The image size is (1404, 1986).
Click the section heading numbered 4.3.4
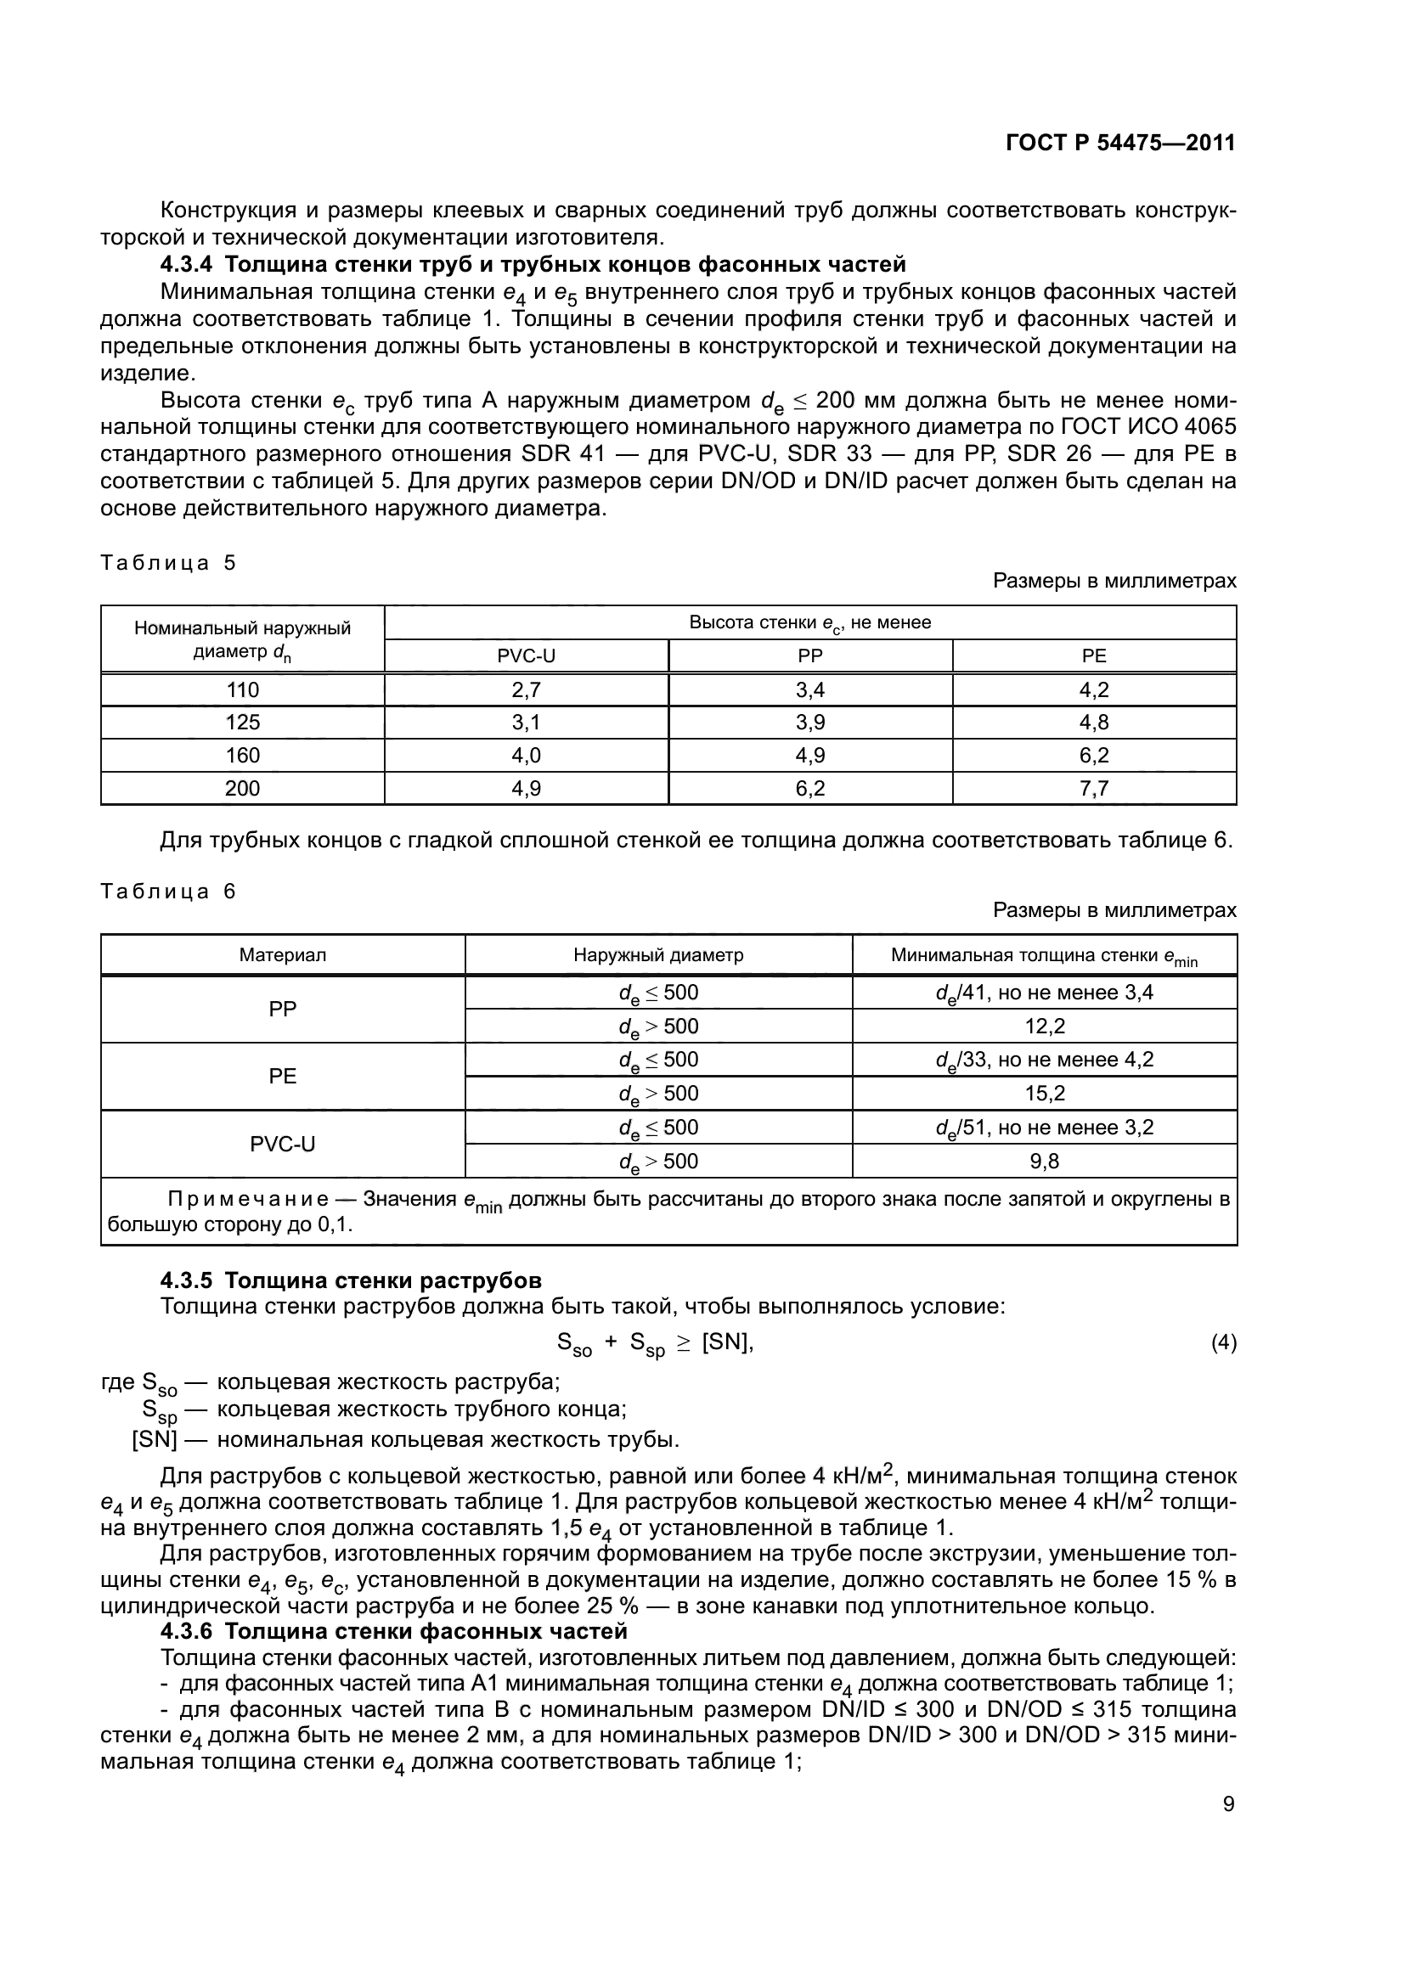pyautogui.click(x=533, y=264)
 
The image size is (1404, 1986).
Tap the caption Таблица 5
pyautogui.click(x=168, y=563)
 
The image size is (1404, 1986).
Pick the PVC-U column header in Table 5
pyautogui.click(x=526, y=655)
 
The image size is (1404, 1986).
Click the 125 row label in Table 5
pyautogui.click(x=242, y=723)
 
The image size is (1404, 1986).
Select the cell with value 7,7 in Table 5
pyautogui.click(x=1093, y=788)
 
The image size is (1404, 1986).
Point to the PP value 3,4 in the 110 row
pyautogui.click(x=809, y=689)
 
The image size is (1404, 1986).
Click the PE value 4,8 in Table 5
pyautogui.click(x=1093, y=723)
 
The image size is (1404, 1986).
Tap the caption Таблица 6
pyautogui.click(x=168, y=892)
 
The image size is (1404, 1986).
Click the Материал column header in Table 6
pyautogui.click(x=283, y=956)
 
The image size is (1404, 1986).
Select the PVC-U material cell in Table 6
pyautogui.click(x=283, y=1144)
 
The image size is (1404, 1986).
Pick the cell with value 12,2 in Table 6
pyautogui.click(x=1044, y=1026)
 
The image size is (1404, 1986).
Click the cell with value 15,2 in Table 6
pyautogui.click(x=1044, y=1094)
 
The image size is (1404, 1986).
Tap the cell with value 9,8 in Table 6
pyautogui.click(x=1044, y=1161)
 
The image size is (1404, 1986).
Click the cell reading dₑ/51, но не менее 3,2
pyautogui.click(x=1044, y=1127)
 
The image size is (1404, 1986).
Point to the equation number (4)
pyautogui.click(x=1223, y=1342)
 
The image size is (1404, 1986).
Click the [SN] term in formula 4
pyautogui.click(x=727, y=1342)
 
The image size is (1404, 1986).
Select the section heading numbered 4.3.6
pyautogui.click(x=393, y=1631)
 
